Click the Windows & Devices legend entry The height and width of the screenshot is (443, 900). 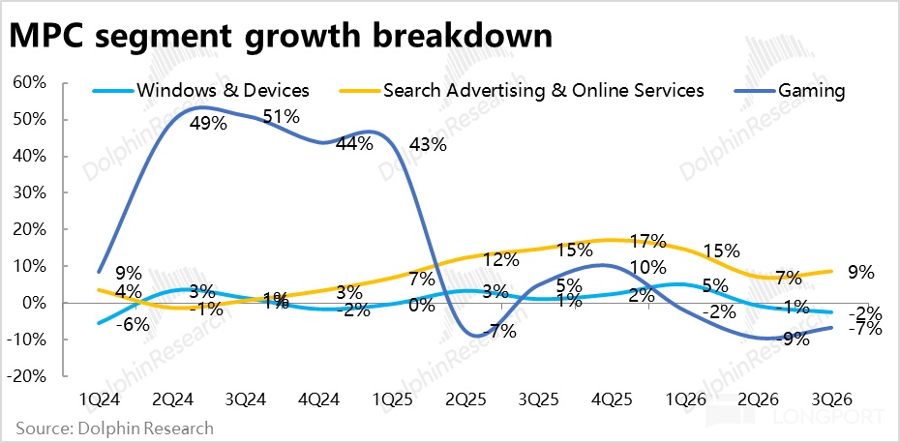(223, 91)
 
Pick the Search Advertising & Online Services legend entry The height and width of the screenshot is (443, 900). (543, 91)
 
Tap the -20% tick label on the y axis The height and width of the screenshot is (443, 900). (29, 376)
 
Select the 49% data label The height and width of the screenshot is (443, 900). (208, 125)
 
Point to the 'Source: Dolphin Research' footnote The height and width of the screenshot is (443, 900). (114, 427)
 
